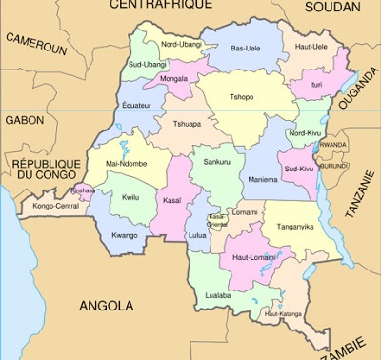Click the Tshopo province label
click(x=242, y=96)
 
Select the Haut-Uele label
click(x=311, y=47)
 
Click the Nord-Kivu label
click(x=305, y=133)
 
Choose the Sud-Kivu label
click(x=299, y=169)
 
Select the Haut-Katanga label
click(x=284, y=313)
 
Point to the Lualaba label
click(x=219, y=296)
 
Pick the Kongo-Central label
click(x=54, y=206)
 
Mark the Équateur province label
click(x=136, y=106)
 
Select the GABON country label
click(x=24, y=120)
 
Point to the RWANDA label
click(x=333, y=145)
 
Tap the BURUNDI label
click(x=335, y=165)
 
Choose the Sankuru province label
click(x=217, y=163)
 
